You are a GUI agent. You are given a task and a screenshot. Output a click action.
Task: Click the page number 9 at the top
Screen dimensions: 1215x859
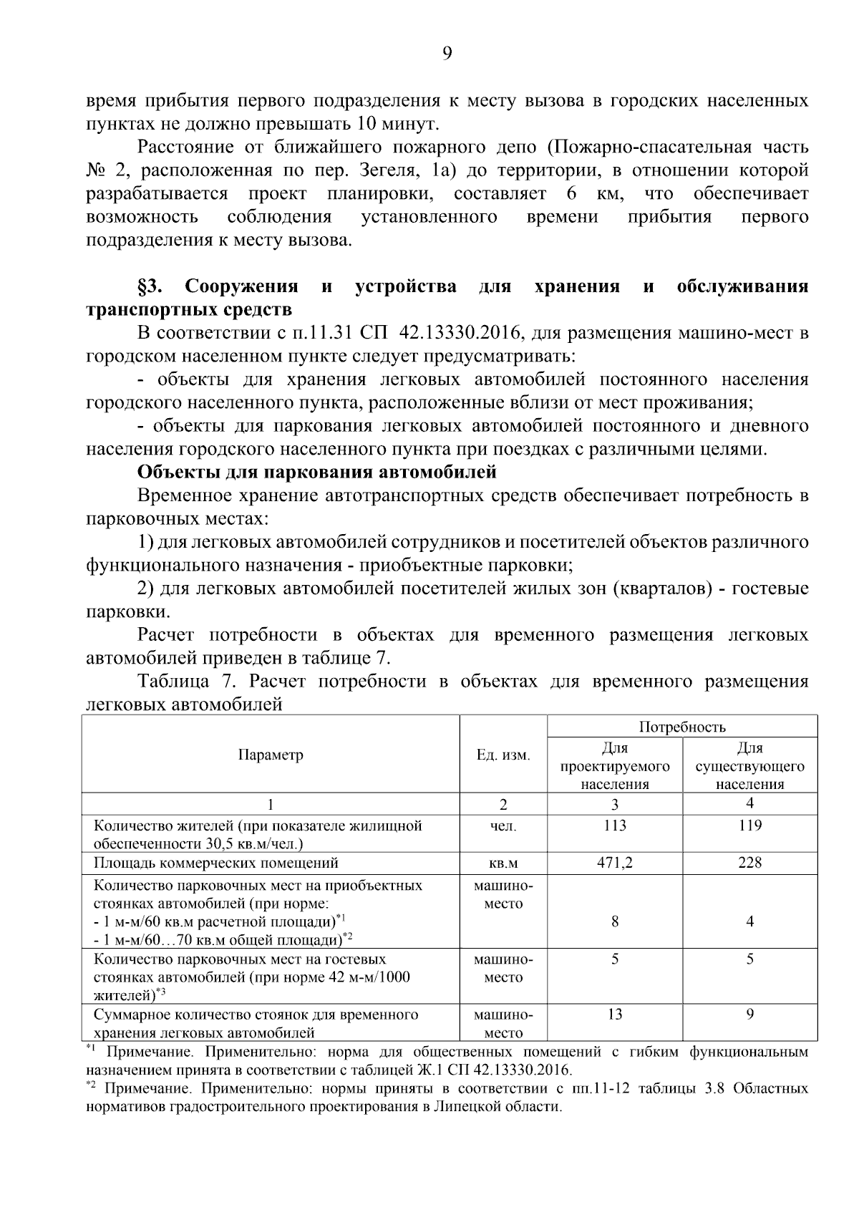pos(447,54)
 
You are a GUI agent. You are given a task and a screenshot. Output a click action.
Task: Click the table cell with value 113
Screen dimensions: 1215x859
pos(615,826)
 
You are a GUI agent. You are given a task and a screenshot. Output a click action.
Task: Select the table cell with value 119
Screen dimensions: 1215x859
pos(749,826)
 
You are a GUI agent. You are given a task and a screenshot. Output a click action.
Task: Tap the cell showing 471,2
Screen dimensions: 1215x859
pos(615,863)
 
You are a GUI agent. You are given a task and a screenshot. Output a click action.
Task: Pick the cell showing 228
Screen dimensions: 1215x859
pos(749,863)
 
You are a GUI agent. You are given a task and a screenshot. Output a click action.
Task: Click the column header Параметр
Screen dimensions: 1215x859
pos(271,755)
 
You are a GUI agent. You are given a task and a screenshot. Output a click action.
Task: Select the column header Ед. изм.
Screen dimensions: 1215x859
pos(503,755)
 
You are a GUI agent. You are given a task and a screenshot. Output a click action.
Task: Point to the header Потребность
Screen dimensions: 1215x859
pos(682,727)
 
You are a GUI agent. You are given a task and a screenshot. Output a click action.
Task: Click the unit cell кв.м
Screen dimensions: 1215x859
pos(503,863)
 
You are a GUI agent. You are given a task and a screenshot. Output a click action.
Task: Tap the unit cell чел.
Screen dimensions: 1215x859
pos(503,826)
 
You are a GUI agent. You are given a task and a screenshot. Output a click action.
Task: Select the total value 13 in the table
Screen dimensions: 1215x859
pos(615,1015)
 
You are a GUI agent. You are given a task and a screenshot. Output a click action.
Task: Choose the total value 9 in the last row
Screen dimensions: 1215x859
pos(749,1015)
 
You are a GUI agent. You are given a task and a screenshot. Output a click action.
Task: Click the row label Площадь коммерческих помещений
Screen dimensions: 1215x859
pos(216,863)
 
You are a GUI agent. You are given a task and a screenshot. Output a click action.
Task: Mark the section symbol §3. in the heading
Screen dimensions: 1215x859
pos(152,287)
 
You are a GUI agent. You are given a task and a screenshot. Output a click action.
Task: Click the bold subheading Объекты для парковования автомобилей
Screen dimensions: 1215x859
pos(316,473)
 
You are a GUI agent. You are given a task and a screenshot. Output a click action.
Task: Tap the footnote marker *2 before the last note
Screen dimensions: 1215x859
pos(91,1086)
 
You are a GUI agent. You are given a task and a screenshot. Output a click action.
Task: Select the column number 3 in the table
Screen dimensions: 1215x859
pos(615,804)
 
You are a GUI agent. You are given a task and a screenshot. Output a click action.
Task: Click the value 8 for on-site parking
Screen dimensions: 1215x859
pos(615,921)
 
